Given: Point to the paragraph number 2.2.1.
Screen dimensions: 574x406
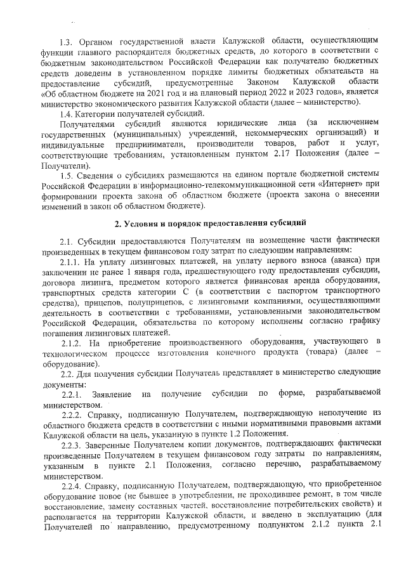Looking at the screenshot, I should [x=71, y=395].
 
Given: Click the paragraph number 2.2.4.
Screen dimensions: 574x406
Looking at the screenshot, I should [x=71, y=483].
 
